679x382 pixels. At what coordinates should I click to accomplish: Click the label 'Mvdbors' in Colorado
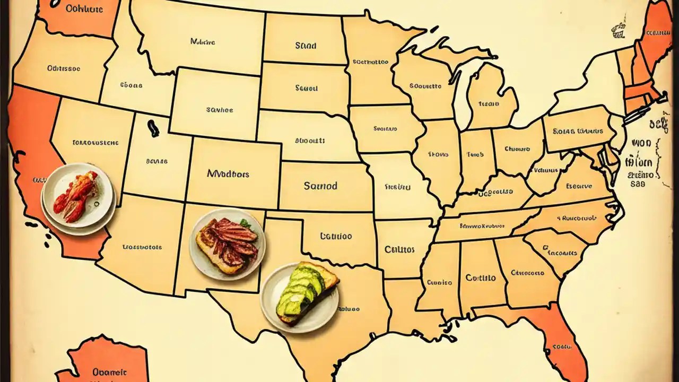(x=228, y=173)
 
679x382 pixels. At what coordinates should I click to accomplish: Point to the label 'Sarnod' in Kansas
(x=320, y=186)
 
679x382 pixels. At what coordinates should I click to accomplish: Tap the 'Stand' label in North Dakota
(x=306, y=46)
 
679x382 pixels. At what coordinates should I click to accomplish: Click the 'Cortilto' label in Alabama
(x=481, y=277)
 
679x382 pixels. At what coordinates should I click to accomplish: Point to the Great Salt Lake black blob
(x=153, y=128)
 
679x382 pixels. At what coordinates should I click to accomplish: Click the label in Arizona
(x=142, y=247)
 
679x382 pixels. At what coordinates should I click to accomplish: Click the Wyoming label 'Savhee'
(x=220, y=110)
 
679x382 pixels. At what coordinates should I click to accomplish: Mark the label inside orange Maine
(x=657, y=33)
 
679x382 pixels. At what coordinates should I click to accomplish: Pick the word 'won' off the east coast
(x=640, y=143)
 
